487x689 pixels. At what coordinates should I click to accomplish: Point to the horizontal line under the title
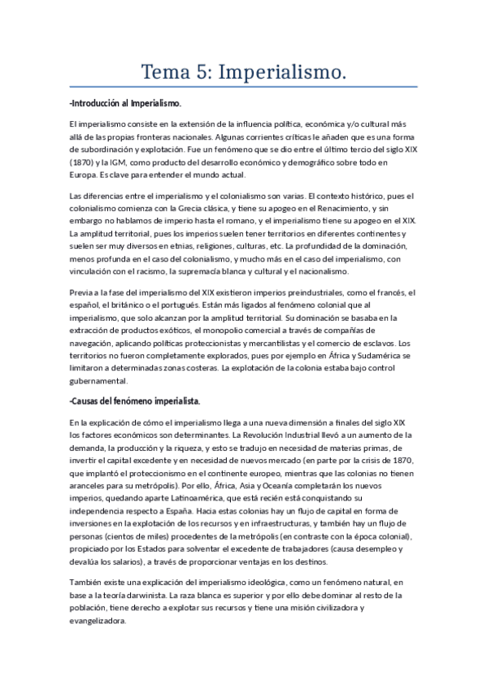pos(243,87)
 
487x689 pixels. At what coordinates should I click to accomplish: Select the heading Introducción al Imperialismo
pos(126,104)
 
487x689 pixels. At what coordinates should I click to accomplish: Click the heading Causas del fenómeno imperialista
pos(135,401)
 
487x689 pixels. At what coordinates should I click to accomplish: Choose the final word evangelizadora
pos(98,621)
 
